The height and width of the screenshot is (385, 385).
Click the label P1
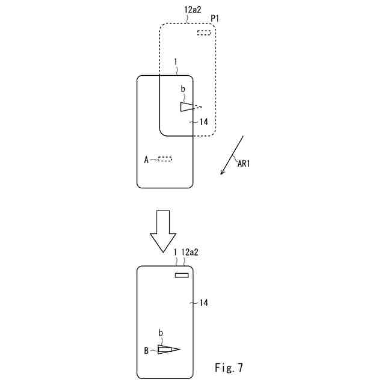coord(214,19)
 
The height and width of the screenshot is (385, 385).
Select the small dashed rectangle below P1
coord(204,32)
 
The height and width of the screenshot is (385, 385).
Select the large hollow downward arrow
coord(162,231)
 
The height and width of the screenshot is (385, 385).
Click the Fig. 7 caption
coord(229,366)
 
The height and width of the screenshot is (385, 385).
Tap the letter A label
coord(146,159)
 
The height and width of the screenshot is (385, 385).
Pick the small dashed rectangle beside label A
coord(165,159)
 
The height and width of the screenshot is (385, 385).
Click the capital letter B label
coord(146,350)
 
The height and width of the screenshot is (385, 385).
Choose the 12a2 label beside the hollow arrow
coord(189,253)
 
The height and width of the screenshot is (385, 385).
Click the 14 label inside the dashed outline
coord(204,122)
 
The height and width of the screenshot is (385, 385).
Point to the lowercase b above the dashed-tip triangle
coord(183,90)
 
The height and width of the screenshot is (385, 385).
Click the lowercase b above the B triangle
coord(161,333)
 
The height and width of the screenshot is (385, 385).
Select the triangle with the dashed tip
coord(189,106)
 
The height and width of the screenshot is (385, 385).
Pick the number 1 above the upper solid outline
coord(175,61)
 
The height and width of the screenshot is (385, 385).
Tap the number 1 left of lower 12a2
coord(174,253)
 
